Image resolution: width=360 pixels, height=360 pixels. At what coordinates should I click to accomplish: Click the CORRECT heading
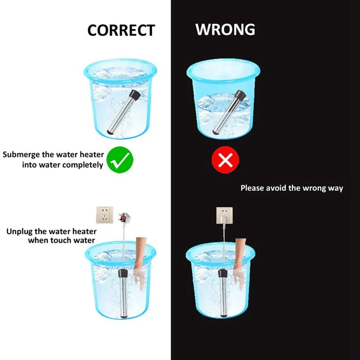pyautogui.click(x=121, y=30)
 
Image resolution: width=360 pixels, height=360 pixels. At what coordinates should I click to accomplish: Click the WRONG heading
pyautogui.click(x=225, y=29)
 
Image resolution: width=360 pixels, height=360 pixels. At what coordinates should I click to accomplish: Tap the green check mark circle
pyautogui.click(x=120, y=160)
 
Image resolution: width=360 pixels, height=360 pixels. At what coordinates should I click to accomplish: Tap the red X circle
pyautogui.click(x=225, y=160)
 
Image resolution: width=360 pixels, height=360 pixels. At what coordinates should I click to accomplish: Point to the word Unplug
pyautogui.click(x=20, y=232)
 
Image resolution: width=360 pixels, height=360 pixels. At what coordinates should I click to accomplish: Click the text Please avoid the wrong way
pyautogui.click(x=292, y=188)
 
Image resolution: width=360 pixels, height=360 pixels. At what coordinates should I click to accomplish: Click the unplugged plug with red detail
pyautogui.click(x=125, y=217)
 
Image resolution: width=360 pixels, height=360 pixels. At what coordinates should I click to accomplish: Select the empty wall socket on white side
pyautogui.click(x=104, y=215)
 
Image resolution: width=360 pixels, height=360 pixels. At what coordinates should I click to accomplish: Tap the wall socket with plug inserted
pyautogui.click(x=224, y=216)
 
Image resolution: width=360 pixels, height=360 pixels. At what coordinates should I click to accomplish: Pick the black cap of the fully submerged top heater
pyautogui.click(x=135, y=94)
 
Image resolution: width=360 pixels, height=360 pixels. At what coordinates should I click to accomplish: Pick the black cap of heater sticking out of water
pyautogui.click(x=240, y=95)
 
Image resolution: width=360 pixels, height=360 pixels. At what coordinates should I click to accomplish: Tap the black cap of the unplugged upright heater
pyautogui.click(x=123, y=273)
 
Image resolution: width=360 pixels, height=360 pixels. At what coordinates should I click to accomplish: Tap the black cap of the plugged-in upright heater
pyautogui.click(x=223, y=273)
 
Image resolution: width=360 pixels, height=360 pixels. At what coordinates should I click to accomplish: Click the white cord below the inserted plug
pyautogui.click(x=224, y=246)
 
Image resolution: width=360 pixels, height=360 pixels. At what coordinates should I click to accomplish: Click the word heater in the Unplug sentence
pyautogui.click(x=84, y=231)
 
